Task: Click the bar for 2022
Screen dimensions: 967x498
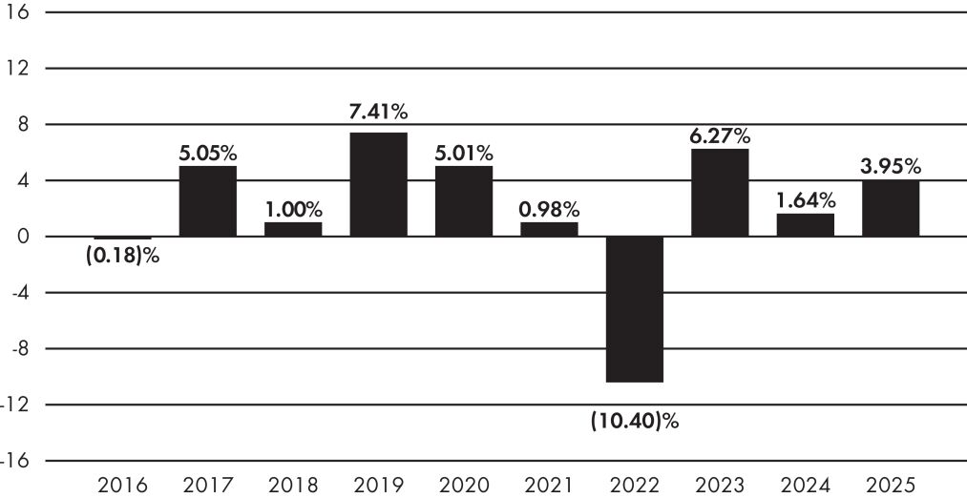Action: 635,309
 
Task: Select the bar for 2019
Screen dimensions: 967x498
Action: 379,184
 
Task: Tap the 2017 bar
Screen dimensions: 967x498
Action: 208,201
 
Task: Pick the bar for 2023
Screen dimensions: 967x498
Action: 720,193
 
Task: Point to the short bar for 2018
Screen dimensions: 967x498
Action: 293,229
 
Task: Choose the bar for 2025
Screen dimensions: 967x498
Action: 891,209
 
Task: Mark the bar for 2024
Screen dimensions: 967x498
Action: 806,225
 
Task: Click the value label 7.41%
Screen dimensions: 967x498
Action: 379,113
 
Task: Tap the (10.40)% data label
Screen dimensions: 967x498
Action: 635,423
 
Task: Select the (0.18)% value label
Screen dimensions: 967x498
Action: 123,256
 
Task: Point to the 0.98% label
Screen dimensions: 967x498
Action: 550,210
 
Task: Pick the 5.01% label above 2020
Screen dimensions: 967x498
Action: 464,153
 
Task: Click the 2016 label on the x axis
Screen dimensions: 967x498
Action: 123,485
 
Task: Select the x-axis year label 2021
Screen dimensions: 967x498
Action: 550,485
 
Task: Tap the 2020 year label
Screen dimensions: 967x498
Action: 464,485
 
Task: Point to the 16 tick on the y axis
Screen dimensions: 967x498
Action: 16,11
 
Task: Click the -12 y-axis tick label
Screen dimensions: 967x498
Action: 16,405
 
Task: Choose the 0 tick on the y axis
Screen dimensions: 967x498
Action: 22,237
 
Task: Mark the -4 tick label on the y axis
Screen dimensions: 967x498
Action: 18,293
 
